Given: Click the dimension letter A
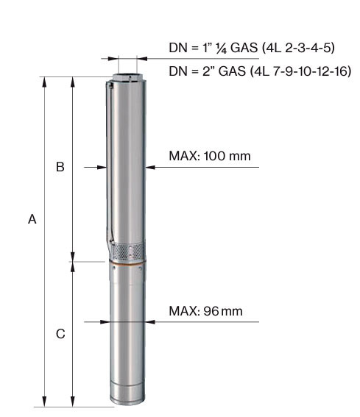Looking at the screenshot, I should point(32,219).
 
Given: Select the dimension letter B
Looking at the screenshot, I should point(60,167).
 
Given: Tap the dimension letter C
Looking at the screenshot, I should point(60,334).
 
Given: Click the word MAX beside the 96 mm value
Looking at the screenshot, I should point(183,311).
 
